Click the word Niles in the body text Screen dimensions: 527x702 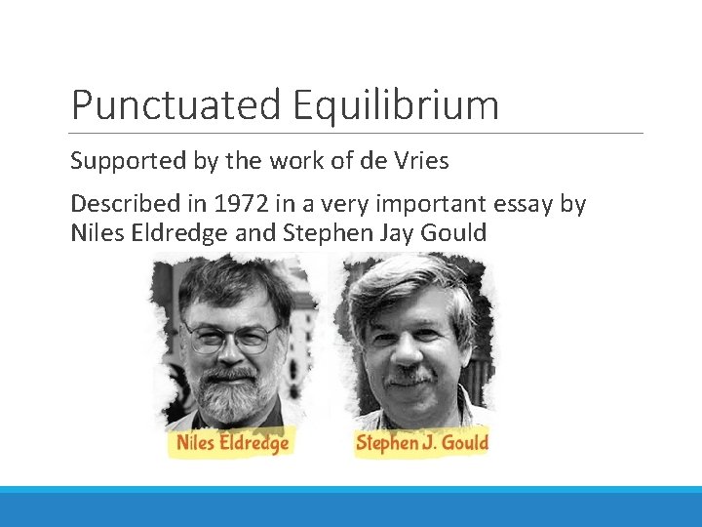click(96, 234)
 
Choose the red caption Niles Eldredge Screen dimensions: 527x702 click(233, 443)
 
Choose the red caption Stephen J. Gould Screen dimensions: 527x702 click(421, 443)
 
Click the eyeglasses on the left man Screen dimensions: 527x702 click(231, 337)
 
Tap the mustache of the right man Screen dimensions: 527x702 click(409, 374)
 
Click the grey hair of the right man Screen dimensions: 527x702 click(409, 283)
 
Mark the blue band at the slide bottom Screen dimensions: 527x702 click(351, 507)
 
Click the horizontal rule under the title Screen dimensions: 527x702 click(357, 133)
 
